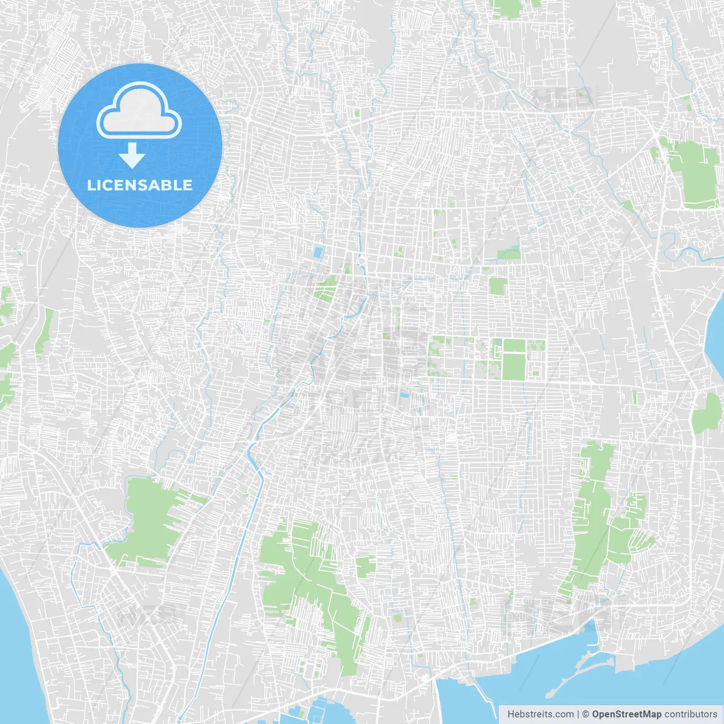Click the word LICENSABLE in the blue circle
pyautogui.click(x=139, y=185)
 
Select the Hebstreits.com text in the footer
pyautogui.click(x=540, y=714)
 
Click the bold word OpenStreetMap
pyautogui.click(x=626, y=714)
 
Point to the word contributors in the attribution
pyautogui.click(x=691, y=714)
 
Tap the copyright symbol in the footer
pyautogui.click(x=585, y=714)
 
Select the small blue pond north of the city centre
pyautogui.click(x=318, y=252)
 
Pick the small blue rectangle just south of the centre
pyautogui.click(x=405, y=395)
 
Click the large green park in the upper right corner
pyautogui.click(x=692, y=173)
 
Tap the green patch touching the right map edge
pyautogui.click(x=708, y=413)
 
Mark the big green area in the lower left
pyautogui.click(x=147, y=520)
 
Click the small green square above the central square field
pyautogui.click(x=497, y=286)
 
